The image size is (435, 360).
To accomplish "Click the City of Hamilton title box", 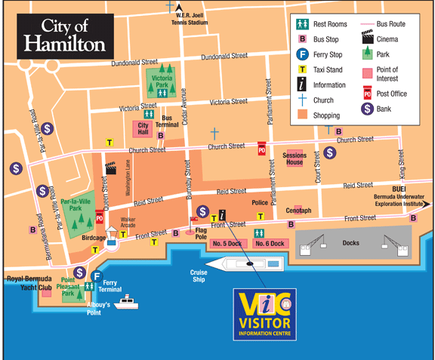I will [x=64, y=35].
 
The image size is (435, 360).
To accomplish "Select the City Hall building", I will [x=143, y=129].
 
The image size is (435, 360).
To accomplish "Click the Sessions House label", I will [x=294, y=159].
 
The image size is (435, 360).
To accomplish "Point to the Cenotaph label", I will [x=298, y=210].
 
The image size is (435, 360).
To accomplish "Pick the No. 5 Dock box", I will [x=227, y=243].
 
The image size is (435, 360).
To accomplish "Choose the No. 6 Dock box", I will [x=269, y=243].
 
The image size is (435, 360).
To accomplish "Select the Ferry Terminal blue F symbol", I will [x=96, y=275].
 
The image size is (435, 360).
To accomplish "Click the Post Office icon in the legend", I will [x=368, y=94].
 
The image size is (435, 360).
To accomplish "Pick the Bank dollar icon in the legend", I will [x=368, y=109].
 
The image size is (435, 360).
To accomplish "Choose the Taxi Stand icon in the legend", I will [x=302, y=69].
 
